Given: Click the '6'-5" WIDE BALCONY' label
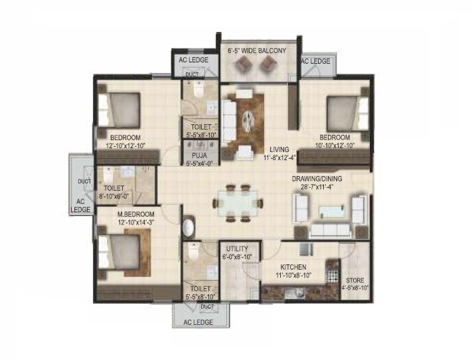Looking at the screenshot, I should (x=257, y=50).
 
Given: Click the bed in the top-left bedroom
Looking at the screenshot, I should (x=119, y=108).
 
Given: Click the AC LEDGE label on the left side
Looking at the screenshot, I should (x=80, y=205).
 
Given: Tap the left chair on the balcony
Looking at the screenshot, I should (x=244, y=64).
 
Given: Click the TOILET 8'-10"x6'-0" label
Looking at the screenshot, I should (x=113, y=192).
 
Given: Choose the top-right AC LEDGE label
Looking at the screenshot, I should (x=316, y=60).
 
